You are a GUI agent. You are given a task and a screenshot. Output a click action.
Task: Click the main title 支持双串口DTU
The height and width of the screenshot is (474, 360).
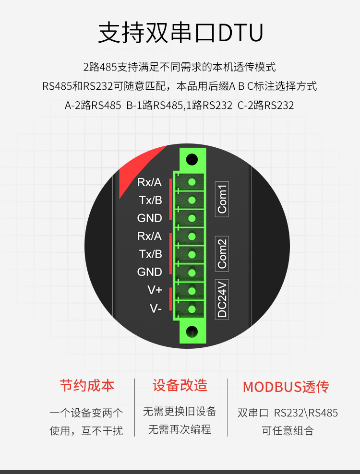pyautogui.click(x=180, y=32)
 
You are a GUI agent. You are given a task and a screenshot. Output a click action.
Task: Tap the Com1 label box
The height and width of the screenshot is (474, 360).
pyautogui.click(x=222, y=199)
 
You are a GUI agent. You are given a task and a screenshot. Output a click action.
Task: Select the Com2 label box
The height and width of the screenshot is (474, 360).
pyautogui.click(x=222, y=254)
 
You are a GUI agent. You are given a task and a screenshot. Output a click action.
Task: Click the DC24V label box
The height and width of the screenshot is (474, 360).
pyautogui.click(x=222, y=299)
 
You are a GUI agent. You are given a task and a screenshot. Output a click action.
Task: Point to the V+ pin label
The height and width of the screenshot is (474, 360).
pyautogui.click(x=155, y=290)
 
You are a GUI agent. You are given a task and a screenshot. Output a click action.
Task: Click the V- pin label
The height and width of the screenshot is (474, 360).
pyautogui.click(x=156, y=308)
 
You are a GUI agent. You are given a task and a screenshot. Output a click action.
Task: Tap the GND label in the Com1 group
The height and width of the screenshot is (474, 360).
pyautogui.click(x=149, y=218)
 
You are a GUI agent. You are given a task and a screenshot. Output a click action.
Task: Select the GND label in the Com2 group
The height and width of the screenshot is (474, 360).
pyautogui.click(x=149, y=272)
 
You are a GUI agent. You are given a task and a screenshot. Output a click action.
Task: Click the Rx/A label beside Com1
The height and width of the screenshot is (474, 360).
pyautogui.click(x=149, y=182)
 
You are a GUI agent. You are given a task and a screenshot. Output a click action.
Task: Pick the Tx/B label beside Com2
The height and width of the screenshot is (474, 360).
pyautogui.click(x=151, y=254)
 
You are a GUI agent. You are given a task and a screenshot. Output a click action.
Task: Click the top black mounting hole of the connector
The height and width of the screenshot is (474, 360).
pyautogui.click(x=192, y=159)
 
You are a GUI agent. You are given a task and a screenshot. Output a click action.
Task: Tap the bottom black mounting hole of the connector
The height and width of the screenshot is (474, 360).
pyautogui.click(x=192, y=332)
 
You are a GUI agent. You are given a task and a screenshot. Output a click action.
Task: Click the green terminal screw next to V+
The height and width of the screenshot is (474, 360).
pyautogui.click(x=192, y=291)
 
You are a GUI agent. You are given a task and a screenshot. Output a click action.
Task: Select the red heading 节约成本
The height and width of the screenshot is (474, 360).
pyautogui.click(x=87, y=386)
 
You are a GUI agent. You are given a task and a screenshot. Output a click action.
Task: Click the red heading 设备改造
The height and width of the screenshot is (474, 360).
pyautogui.click(x=180, y=385)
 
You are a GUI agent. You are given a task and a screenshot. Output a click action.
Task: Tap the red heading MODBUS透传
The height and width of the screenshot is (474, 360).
pyautogui.click(x=286, y=387)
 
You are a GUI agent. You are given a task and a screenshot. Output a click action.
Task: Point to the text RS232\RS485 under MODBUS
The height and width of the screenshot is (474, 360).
pyautogui.click(x=306, y=413)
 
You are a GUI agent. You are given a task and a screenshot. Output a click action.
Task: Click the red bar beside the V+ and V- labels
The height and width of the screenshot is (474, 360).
pyautogui.click(x=170, y=299)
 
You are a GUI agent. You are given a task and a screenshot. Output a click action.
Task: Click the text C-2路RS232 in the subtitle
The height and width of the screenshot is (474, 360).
pyautogui.click(x=265, y=105)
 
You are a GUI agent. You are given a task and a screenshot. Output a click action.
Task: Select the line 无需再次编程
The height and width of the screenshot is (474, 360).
pyautogui.click(x=180, y=429)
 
